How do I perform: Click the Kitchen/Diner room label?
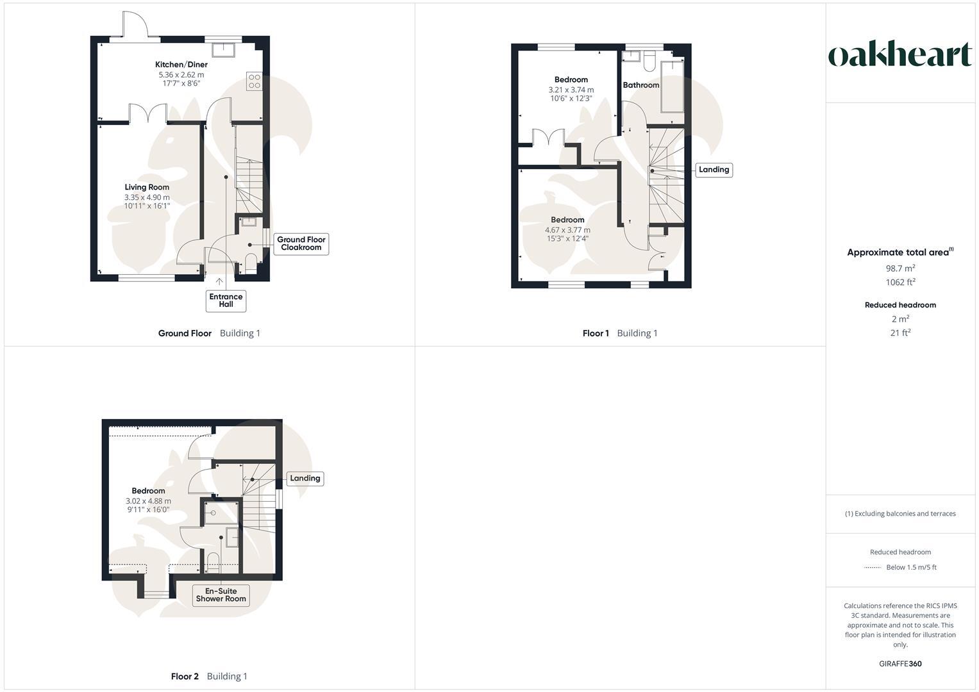(x=181, y=65)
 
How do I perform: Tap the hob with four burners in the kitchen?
(x=255, y=81)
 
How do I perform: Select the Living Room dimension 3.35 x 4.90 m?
(x=147, y=197)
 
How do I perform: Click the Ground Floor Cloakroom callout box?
(x=301, y=243)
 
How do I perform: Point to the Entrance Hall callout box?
(x=226, y=301)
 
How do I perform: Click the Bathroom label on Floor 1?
(x=641, y=85)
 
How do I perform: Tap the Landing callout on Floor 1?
(x=714, y=170)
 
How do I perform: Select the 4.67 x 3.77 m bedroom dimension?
(x=567, y=230)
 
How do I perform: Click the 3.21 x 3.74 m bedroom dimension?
(x=571, y=90)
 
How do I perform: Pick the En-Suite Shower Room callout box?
(x=221, y=595)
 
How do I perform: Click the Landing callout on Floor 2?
(x=305, y=479)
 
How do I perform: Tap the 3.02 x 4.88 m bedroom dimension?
(x=148, y=501)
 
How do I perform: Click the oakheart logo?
(x=900, y=54)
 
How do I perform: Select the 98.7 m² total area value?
(x=900, y=268)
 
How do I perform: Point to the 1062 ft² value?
(x=900, y=282)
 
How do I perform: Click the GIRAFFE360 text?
(x=900, y=664)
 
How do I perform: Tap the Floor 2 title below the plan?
(x=185, y=676)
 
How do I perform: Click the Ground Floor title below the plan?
(x=185, y=333)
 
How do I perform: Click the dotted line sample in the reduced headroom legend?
(x=873, y=568)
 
